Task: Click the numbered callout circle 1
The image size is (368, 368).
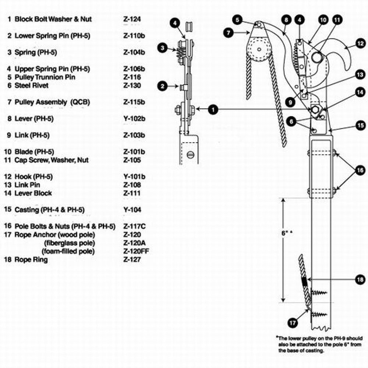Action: [212, 109]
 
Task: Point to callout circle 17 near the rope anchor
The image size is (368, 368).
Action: [293, 323]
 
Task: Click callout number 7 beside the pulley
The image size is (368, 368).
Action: [228, 32]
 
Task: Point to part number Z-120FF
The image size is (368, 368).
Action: [136, 251]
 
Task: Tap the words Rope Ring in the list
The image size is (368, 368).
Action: [31, 260]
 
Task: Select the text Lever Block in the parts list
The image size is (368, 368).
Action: [33, 193]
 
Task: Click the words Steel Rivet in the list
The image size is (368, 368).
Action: [31, 86]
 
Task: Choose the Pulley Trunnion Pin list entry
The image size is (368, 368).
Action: [45, 77]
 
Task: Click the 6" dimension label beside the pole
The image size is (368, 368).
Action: [286, 233]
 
